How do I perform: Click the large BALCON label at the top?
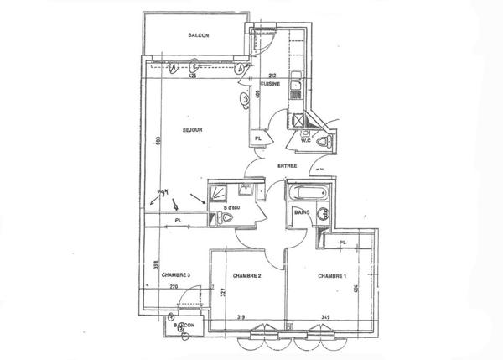pyautogui.click(x=198, y=34)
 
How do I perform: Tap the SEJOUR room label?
pyautogui.click(x=194, y=129)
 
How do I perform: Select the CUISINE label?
pyautogui.click(x=270, y=85)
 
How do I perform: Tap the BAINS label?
pyautogui.click(x=302, y=213)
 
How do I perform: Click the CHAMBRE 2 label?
pyautogui.click(x=249, y=275)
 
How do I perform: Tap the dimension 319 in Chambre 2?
pyautogui.click(x=241, y=318)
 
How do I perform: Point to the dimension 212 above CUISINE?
pyautogui.click(x=272, y=76)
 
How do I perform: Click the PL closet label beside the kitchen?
pyautogui.click(x=258, y=138)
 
